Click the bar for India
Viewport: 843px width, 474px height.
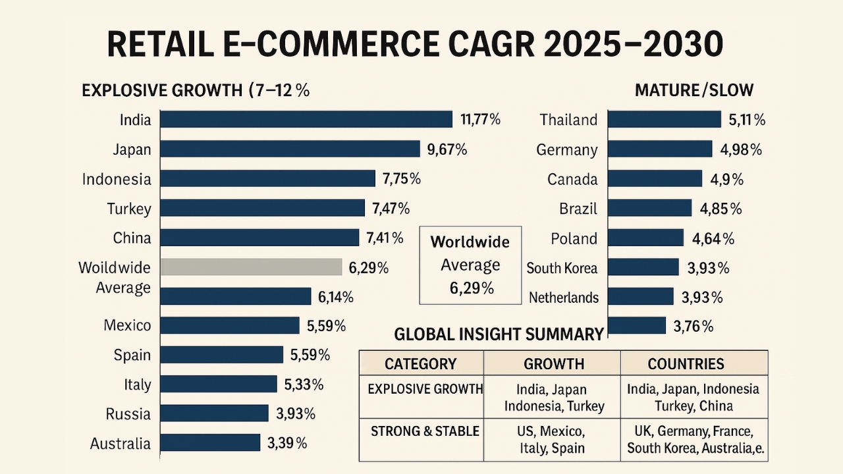click(306, 119)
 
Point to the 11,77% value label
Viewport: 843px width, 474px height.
click(481, 119)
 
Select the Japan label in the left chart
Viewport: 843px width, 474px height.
click(132, 149)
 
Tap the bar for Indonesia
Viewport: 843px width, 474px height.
click(267, 178)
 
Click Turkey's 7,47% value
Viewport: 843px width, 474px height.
click(391, 209)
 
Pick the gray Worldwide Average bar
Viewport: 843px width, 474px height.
click(251, 267)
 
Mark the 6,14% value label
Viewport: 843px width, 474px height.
click(336, 297)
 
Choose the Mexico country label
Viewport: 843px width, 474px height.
click(127, 325)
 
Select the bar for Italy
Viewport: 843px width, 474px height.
click(219, 384)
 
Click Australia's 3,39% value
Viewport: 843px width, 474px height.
click(287, 443)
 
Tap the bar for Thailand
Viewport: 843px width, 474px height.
click(664, 119)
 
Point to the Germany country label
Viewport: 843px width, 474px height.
click(567, 149)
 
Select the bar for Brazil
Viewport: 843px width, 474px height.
click(649, 209)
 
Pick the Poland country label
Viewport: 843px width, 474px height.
click(574, 238)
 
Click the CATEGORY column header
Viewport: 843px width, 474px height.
click(420, 364)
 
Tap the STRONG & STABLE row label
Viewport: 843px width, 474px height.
click(425, 431)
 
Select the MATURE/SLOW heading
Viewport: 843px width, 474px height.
click(694, 91)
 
